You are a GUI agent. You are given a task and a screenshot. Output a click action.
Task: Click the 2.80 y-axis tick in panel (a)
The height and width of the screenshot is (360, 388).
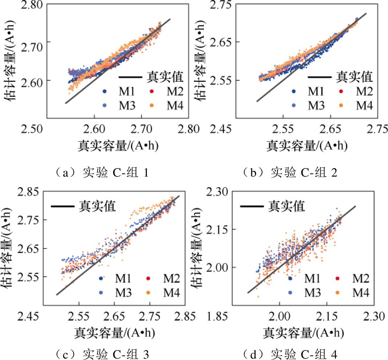click(23, 5)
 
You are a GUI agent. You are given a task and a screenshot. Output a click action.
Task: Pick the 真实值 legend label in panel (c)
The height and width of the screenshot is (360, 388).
click(97, 207)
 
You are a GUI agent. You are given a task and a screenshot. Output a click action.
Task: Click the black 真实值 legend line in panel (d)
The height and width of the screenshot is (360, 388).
click(251, 207)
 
